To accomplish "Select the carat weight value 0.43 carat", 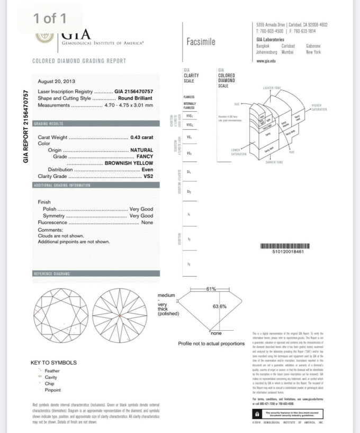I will (x=141, y=137).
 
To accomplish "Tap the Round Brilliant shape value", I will (x=136, y=98).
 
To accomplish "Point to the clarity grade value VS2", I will (x=148, y=176).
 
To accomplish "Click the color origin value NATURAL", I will (x=141, y=150).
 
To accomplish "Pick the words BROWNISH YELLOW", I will (x=129, y=163).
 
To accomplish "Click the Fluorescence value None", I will (x=147, y=223).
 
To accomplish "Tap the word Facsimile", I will (x=201, y=42).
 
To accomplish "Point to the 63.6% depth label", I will (x=220, y=306).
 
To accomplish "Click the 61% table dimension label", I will (x=211, y=289).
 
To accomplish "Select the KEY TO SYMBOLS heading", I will (x=53, y=363).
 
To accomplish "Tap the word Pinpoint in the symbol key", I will (x=52, y=390).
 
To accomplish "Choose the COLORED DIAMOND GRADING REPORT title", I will (x=79, y=61).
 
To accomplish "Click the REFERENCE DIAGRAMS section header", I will (x=51, y=273).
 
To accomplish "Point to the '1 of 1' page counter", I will (x=50, y=19).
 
